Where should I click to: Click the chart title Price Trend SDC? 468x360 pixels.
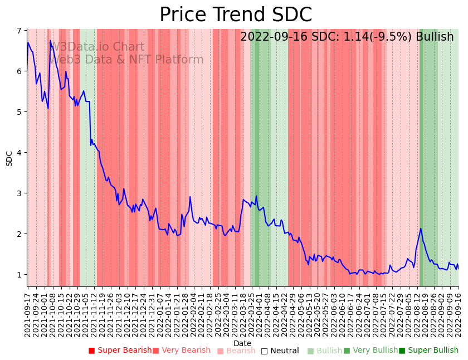pos(236,15)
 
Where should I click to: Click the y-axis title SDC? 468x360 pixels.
pos(9,158)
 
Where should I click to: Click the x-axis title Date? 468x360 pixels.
pos(242,343)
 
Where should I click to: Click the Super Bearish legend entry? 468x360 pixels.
pos(120,351)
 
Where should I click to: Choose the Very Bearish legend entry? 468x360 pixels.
pos(181,351)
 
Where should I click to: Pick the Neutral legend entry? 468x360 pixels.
pos(280,351)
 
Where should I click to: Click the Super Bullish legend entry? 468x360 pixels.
pos(428,351)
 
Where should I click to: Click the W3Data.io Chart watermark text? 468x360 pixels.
pos(97,47)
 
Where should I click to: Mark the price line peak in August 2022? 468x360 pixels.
pos(421,228)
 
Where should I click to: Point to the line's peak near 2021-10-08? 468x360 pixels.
pos(50,41)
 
